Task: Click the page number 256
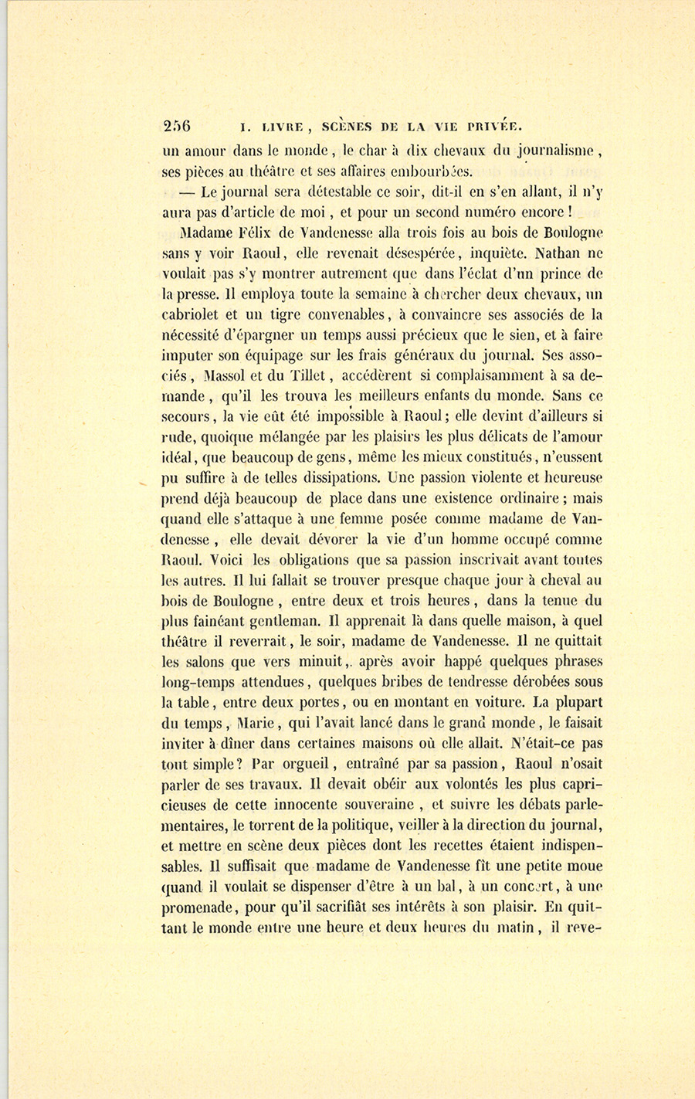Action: (177, 126)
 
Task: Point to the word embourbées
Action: (432, 171)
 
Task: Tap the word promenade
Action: (199, 908)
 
